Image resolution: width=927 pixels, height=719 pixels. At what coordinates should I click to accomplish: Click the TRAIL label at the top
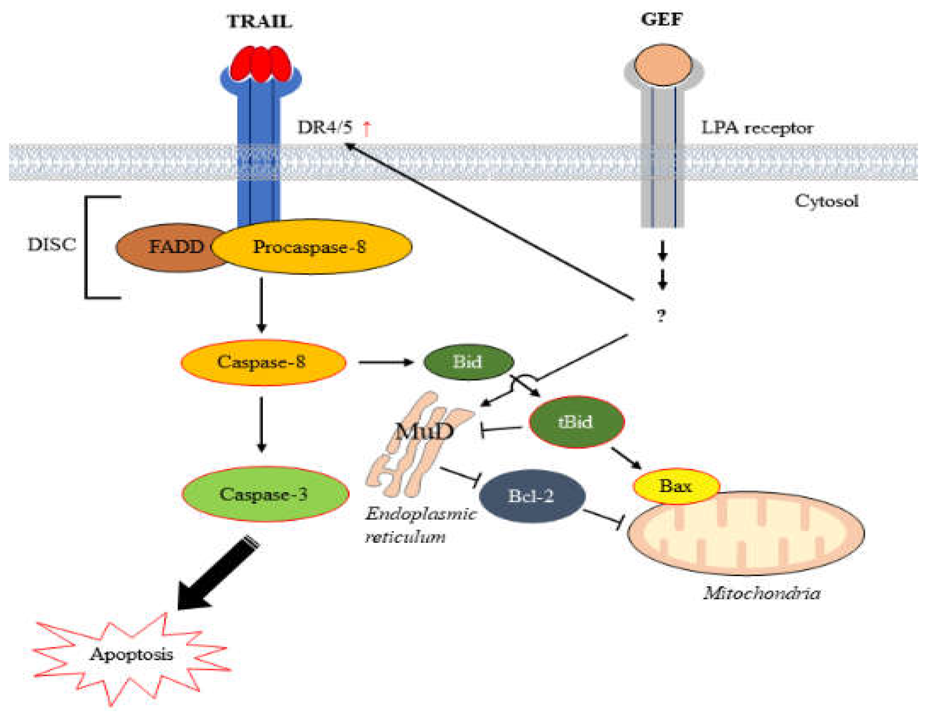tap(259, 22)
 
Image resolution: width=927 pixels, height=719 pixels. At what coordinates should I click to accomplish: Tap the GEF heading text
tap(662, 20)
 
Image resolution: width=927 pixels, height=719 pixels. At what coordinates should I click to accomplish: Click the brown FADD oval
tap(169, 247)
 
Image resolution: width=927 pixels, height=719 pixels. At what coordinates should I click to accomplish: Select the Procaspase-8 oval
tap(311, 247)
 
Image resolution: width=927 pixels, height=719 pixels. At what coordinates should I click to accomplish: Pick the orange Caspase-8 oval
tap(262, 362)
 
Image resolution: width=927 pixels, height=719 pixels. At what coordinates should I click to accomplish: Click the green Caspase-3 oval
tap(264, 494)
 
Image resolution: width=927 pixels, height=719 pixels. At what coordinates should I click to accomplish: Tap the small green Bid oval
tap(468, 362)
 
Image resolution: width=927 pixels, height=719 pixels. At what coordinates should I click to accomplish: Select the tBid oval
tap(576, 422)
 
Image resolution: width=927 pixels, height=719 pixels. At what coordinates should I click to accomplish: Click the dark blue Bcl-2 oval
tap(531, 496)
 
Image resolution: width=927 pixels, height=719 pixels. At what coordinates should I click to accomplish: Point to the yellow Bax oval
tap(675, 486)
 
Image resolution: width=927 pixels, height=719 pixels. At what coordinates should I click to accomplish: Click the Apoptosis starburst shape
tap(131, 655)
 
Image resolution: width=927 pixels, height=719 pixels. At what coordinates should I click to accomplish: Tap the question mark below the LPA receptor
tap(661, 316)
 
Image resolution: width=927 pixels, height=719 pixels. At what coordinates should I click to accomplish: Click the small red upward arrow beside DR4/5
tap(367, 128)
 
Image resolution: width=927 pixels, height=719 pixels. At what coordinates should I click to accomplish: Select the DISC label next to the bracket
tap(52, 244)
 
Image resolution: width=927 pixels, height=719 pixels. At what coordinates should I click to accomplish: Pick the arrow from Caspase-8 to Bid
tap(385, 362)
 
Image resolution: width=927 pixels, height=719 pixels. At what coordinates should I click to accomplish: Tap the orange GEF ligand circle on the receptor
tap(663, 65)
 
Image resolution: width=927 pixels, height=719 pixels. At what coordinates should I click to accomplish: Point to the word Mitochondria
tap(761, 593)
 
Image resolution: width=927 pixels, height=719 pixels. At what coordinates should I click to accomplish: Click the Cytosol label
tap(826, 201)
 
